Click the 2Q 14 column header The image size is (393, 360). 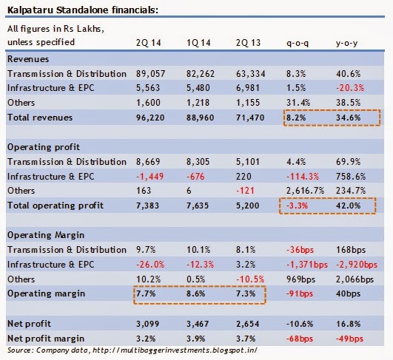coord(148,43)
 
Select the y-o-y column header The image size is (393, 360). coord(346,44)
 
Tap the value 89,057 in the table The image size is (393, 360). coord(151,74)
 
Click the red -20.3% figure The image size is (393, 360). coord(350,88)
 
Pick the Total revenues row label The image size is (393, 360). coord(40,118)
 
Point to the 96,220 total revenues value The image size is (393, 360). coord(150,118)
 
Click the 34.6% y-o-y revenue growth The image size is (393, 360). coord(348,118)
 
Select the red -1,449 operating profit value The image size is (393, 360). coord(150,177)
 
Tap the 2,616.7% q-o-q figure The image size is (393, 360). coord(305,191)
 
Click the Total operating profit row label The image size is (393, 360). coord(56,206)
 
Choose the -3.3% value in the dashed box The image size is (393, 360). coord(297,206)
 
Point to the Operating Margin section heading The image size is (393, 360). coord(46,235)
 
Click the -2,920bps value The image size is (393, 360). coord(357,265)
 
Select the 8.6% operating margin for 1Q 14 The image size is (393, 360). coord(195,293)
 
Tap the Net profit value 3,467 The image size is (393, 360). coord(198,324)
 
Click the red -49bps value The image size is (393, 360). coord(349,339)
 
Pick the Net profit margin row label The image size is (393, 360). coord(46,339)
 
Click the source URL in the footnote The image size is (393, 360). coord(175,350)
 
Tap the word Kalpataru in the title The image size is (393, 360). coord(30,10)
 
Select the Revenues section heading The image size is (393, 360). coord(28,59)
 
